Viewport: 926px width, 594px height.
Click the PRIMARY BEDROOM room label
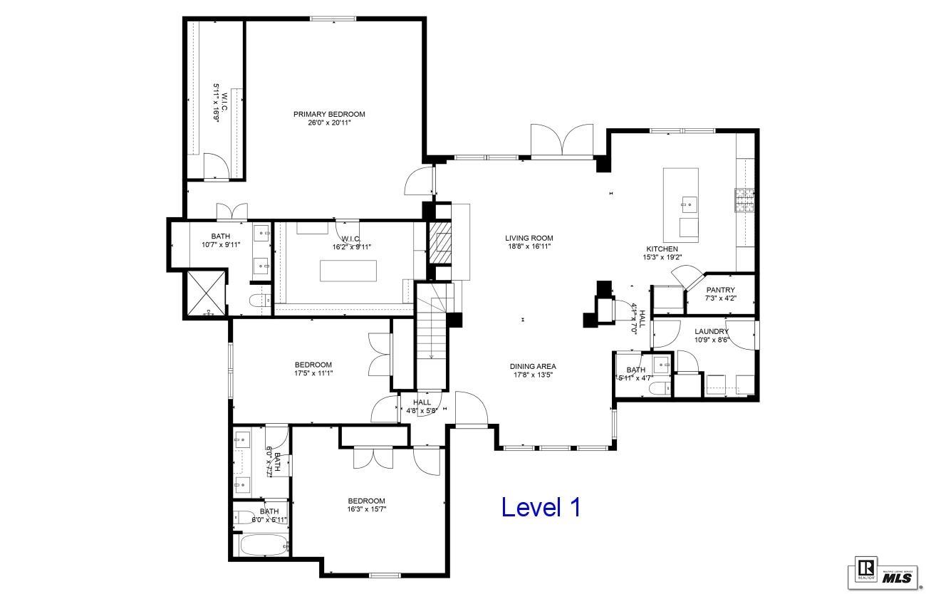[x=329, y=114]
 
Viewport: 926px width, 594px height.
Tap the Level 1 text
[x=541, y=507]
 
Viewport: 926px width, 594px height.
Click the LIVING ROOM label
[x=529, y=238]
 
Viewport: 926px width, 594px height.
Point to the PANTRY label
[x=720, y=290]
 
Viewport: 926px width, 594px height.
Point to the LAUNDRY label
[x=712, y=331]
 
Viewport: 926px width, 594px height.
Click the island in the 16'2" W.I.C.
[x=348, y=271]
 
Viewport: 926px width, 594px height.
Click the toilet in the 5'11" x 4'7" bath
[x=661, y=388]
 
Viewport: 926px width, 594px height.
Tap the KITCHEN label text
[x=662, y=249]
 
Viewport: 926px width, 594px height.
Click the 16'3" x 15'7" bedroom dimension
[x=366, y=509]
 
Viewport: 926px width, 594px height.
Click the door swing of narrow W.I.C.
[x=217, y=167]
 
